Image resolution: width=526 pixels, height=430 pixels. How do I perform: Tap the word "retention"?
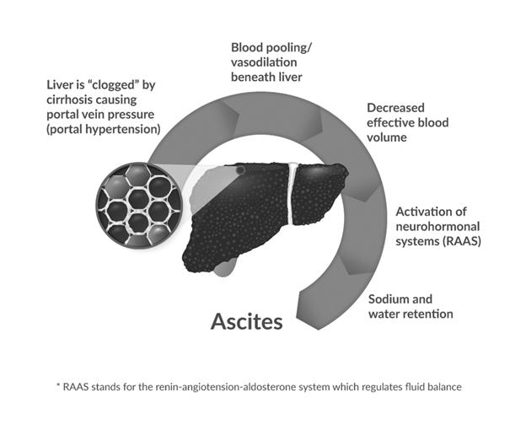pos(429,314)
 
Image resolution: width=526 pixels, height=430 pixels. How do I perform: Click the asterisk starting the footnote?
pos(60,387)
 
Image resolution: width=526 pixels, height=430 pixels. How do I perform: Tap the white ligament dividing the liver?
pos(292,194)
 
